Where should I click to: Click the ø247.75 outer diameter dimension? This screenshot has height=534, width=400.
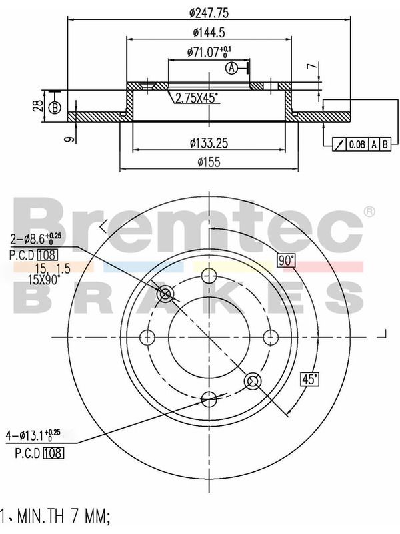tap(209, 13)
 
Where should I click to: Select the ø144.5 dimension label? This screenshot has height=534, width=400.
tap(209, 33)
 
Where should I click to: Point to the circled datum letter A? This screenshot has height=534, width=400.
tap(231, 68)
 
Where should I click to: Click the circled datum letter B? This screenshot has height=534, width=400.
tap(55, 108)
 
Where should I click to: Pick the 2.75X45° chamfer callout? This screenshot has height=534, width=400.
tap(196, 98)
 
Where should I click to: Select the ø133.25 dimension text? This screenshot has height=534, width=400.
tap(209, 144)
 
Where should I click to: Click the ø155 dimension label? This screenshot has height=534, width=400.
tap(209, 162)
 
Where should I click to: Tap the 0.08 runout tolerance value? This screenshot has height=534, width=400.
tap(357, 144)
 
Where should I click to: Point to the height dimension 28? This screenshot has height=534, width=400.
tap(39, 106)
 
